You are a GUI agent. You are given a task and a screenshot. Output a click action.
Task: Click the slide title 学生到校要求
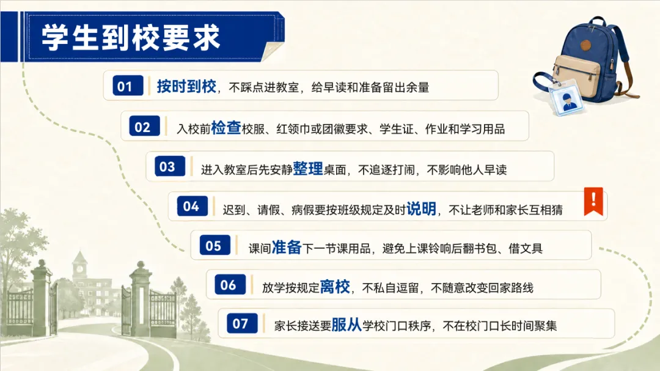click(x=131, y=37)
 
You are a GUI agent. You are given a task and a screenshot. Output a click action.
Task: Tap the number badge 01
click(x=128, y=86)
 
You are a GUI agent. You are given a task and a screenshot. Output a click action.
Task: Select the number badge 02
click(x=144, y=126)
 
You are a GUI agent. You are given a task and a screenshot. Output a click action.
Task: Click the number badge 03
click(x=170, y=166)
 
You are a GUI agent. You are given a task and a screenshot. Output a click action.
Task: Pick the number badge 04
click(x=193, y=206)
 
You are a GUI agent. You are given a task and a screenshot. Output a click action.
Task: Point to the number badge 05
click(x=215, y=245)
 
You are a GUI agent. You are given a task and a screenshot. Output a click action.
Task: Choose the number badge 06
click(x=230, y=285)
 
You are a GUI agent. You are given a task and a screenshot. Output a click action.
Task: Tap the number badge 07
click(x=242, y=323)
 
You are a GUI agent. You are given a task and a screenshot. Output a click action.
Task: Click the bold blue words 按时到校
click(x=186, y=86)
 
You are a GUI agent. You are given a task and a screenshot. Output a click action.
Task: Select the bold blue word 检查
click(x=226, y=127)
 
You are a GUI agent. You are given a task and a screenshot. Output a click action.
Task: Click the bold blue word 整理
click(x=307, y=168)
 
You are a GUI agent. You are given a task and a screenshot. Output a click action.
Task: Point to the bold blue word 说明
click(x=421, y=208)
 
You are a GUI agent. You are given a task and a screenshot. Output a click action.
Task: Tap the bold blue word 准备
click(x=287, y=247)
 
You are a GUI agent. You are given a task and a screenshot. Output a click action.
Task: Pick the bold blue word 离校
click(x=335, y=287)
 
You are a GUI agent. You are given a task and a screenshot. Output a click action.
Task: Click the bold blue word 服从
click(x=346, y=325)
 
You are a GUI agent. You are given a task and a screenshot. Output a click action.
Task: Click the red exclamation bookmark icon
click(x=593, y=201)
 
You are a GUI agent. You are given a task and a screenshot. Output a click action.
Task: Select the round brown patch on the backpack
click(x=585, y=45)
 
